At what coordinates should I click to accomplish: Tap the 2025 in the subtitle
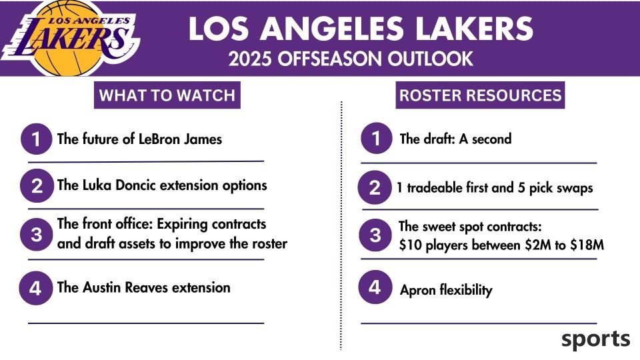tap(250, 59)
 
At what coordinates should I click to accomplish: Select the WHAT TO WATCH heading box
tap(167, 95)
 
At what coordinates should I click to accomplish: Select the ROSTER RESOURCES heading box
tap(480, 95)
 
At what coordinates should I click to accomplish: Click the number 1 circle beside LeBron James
tap(36, 139)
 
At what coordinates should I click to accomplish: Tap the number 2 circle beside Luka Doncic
tap(37, 186)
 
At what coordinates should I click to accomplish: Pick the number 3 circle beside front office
tap(36, 235)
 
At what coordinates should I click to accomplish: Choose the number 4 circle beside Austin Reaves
tap(35, 288)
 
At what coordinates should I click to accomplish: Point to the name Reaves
tap(147, 287)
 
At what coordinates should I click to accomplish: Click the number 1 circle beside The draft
tap(376, 139)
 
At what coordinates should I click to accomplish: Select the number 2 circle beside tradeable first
tap(374, 188)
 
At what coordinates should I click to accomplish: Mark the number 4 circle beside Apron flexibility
tap(375, 287)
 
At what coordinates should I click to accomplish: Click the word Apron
tap(418, 291)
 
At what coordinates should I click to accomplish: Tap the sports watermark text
tap(595, 339)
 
